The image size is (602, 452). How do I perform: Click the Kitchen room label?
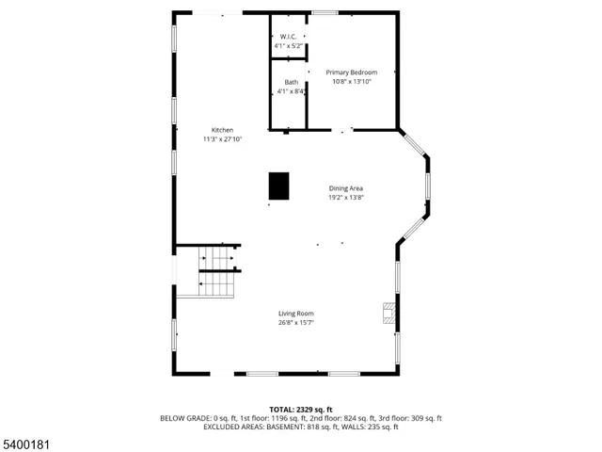222,130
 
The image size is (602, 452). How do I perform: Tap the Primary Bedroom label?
351,73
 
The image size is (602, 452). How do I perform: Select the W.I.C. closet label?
288,36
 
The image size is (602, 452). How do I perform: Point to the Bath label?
291,82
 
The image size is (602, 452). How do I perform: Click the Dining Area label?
345,188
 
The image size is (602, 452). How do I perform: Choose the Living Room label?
295,314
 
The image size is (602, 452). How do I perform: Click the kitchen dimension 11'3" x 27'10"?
222,139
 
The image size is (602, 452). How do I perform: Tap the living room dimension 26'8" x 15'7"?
295,323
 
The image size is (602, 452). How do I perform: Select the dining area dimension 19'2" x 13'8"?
345,198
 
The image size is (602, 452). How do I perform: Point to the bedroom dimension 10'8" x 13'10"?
351,82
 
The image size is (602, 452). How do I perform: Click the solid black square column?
279,186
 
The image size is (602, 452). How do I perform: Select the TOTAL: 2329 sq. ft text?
300,410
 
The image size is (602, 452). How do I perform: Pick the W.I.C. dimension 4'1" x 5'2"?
288,45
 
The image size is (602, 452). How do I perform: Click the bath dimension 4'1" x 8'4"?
291,91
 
